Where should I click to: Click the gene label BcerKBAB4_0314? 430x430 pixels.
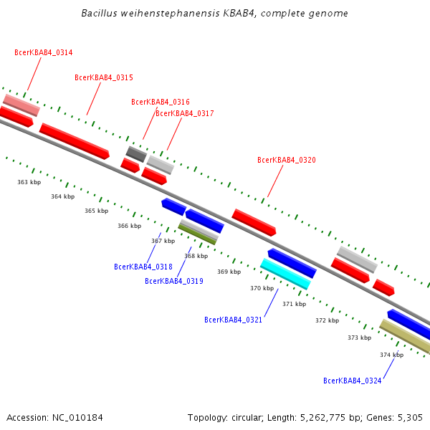point(43,52)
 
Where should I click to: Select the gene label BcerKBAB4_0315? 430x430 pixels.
point(104,77)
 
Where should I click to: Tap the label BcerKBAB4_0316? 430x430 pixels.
point(161,102)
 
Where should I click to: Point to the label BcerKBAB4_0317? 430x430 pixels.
point(184,113)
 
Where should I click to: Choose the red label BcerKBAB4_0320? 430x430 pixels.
point(287,160)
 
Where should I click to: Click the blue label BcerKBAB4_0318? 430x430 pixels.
point(143,267)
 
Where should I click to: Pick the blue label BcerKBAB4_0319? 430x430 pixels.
point(174,281)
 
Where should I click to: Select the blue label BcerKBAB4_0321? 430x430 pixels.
point(233,320)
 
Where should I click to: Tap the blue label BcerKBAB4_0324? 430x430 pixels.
point(352,381)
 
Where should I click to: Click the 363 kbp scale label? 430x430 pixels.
point(29,182)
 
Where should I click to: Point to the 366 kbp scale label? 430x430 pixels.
point(130,226)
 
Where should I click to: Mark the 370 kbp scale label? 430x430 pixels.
point(262,288)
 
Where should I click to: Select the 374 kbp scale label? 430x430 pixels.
point(392,355)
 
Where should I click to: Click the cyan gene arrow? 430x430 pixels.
point(285,274)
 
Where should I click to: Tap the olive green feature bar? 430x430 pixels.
point(197,234)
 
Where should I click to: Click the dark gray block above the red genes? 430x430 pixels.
point(136,153)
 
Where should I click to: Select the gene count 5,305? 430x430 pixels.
point(409,417)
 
